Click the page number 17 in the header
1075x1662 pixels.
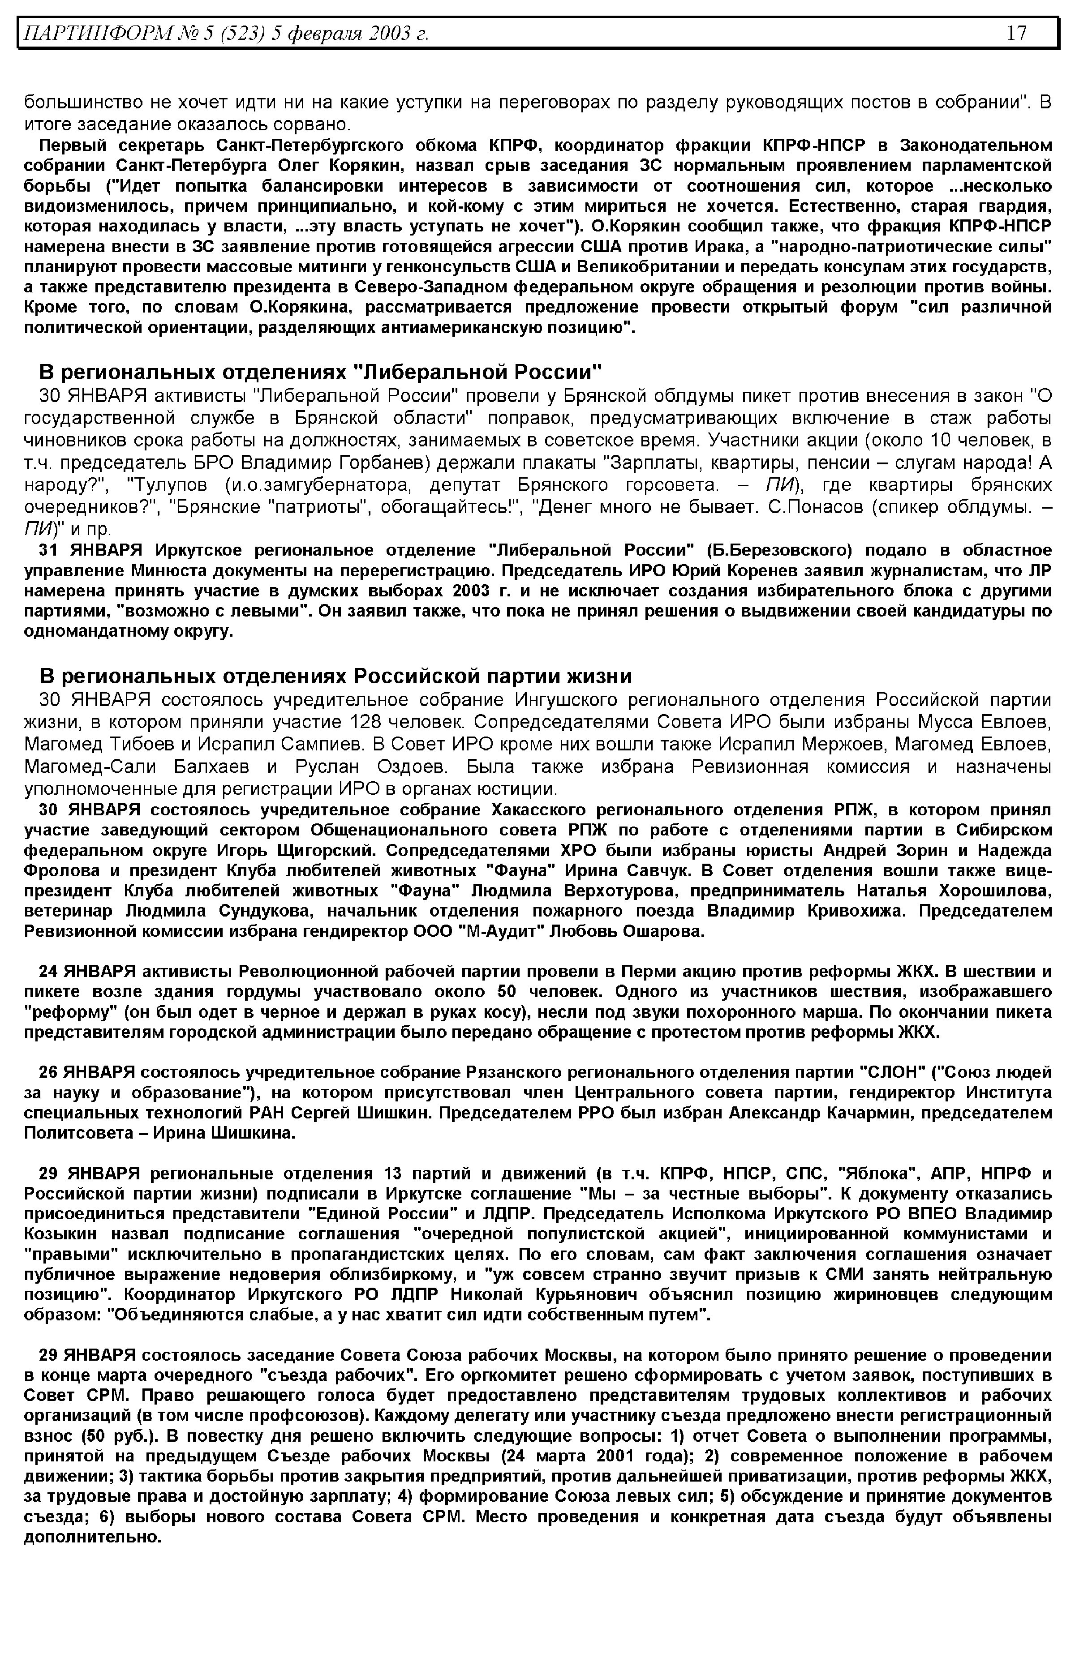coord(1016,33)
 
